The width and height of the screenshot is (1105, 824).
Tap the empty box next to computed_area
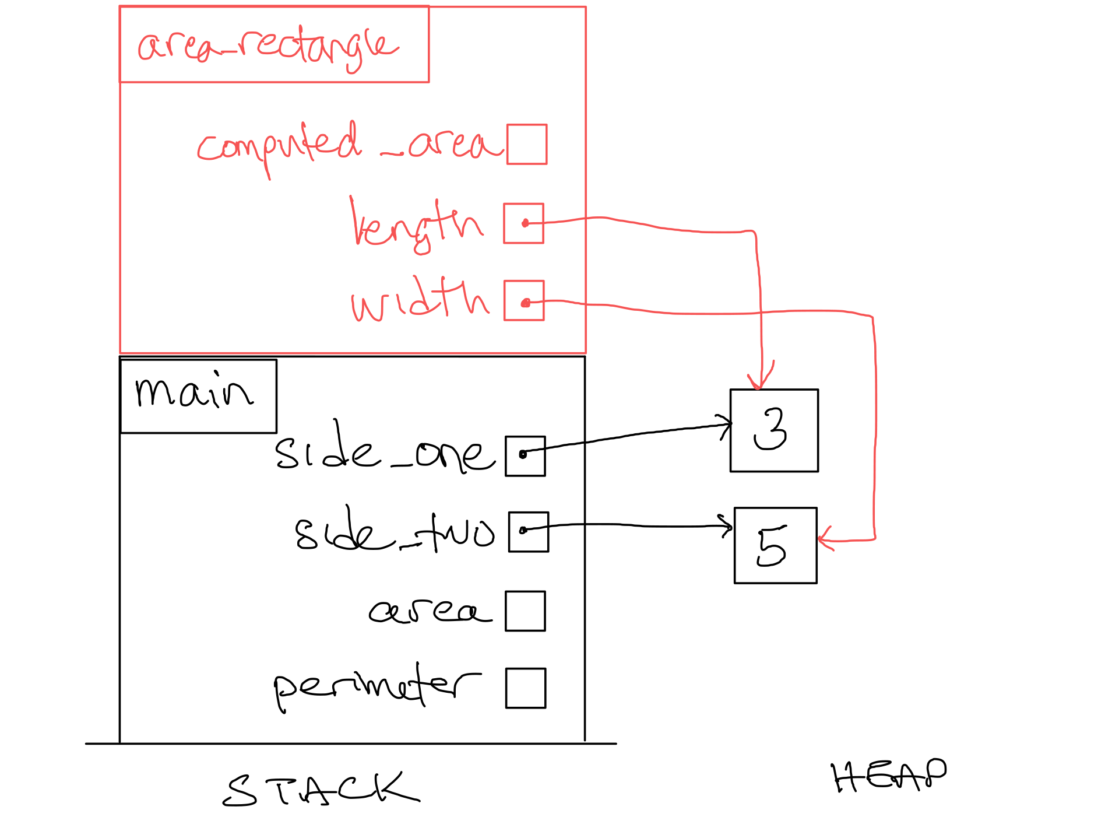[x=527, y=144]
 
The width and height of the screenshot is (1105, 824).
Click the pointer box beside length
[x=524, y=223]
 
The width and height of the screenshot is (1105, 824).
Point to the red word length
[x=416, y=225]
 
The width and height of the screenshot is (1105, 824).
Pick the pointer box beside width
[x=524, y=301]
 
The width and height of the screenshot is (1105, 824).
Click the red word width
[x=420, y=300]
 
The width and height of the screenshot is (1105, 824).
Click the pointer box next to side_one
[x=525, y=456]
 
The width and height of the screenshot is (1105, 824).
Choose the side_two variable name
[x=395, y=531]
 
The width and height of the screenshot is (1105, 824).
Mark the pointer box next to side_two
[x=529, y=532]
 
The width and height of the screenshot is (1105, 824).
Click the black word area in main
[x=430, y=611]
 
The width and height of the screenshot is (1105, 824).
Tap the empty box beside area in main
[x=525, y=611]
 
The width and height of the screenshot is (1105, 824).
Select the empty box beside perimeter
[x=526, y=688]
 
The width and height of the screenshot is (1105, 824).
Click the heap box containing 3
[x=774, y=430]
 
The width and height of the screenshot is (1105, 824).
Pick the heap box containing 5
[x=775, y=545]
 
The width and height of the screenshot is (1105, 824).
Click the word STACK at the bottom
[x=321, y=790]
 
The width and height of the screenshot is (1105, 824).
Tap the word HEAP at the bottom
[x=888, y=776]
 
